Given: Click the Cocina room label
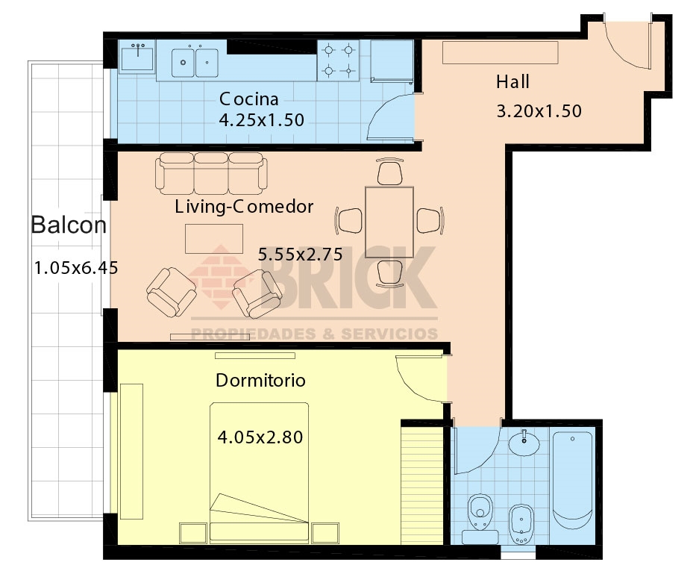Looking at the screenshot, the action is tap(248, 99).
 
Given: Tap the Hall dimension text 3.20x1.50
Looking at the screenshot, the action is tap(539, 111).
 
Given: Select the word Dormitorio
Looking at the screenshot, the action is tap(260, 380).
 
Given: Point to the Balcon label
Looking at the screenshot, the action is tap(69, 225).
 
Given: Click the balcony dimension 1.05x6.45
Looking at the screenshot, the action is tap(76, 268).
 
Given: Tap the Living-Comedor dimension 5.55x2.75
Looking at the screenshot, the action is tap(300, 254).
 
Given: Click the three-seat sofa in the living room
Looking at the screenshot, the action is tap(211, 173).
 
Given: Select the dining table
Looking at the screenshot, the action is tap(389, 222).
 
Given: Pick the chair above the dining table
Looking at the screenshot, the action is tap(389, 172).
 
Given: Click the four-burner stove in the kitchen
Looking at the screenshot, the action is tap(338, 60).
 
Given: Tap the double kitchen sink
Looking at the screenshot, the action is tap(195, 63).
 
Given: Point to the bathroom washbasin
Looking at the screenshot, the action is tap(524, 443).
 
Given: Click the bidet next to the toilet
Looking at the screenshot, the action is tap(521, 524).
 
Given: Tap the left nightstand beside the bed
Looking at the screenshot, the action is tap(193, 533).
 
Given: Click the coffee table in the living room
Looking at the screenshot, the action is tap(214, 239).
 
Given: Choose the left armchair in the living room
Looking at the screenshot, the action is tap(172, 292).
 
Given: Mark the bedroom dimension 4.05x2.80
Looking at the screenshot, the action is tap(260, 437).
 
